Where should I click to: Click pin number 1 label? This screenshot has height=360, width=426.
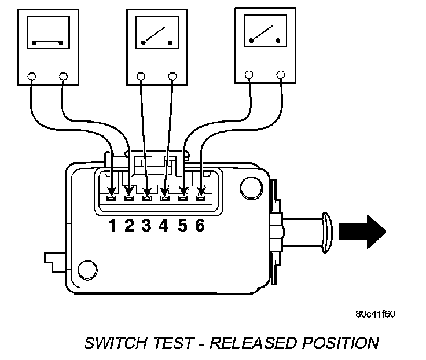[x=112, y=226]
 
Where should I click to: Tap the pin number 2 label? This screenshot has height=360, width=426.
[x=129, y=226]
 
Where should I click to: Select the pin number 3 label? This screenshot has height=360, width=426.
[x=146, y=226]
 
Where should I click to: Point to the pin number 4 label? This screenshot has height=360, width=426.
[x=164, y=226]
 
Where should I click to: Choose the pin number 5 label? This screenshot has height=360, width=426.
[x=182, y=226]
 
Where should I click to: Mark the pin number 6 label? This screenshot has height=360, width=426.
[x=200, y=226]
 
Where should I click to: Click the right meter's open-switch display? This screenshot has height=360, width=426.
[x=265, y=32]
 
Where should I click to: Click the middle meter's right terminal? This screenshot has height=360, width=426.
[x=172, y=75]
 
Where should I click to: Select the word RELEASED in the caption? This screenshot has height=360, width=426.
[x=251, y=343]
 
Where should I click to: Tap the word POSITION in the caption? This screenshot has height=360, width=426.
[x=341, y=343]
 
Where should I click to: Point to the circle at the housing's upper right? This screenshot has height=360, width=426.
[x=249, y=185]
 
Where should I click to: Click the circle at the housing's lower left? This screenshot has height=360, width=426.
[x=87, y=269]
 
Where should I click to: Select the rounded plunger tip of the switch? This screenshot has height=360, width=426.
[x=325, y=231]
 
